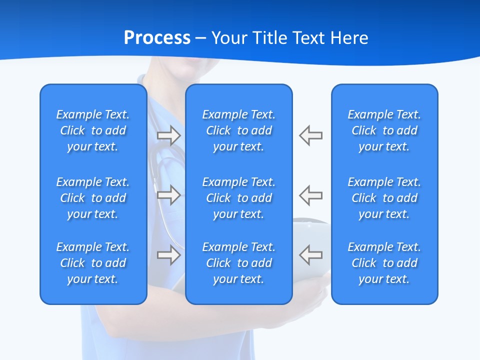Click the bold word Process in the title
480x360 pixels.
157,38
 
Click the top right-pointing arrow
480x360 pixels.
168,135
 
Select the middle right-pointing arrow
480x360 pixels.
168,195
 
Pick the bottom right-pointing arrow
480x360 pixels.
168,255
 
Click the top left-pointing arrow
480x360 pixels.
311,135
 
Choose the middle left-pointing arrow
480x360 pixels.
311,195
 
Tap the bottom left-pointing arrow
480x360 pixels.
311,255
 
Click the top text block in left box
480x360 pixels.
93,130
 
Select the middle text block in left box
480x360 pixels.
93,198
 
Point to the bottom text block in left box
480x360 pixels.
93,263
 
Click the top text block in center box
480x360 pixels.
239,130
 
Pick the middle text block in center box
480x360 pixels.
239,198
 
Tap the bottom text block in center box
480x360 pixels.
239,263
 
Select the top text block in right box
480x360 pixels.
384,130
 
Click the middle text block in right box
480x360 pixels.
384,198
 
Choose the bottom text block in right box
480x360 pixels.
384,263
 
